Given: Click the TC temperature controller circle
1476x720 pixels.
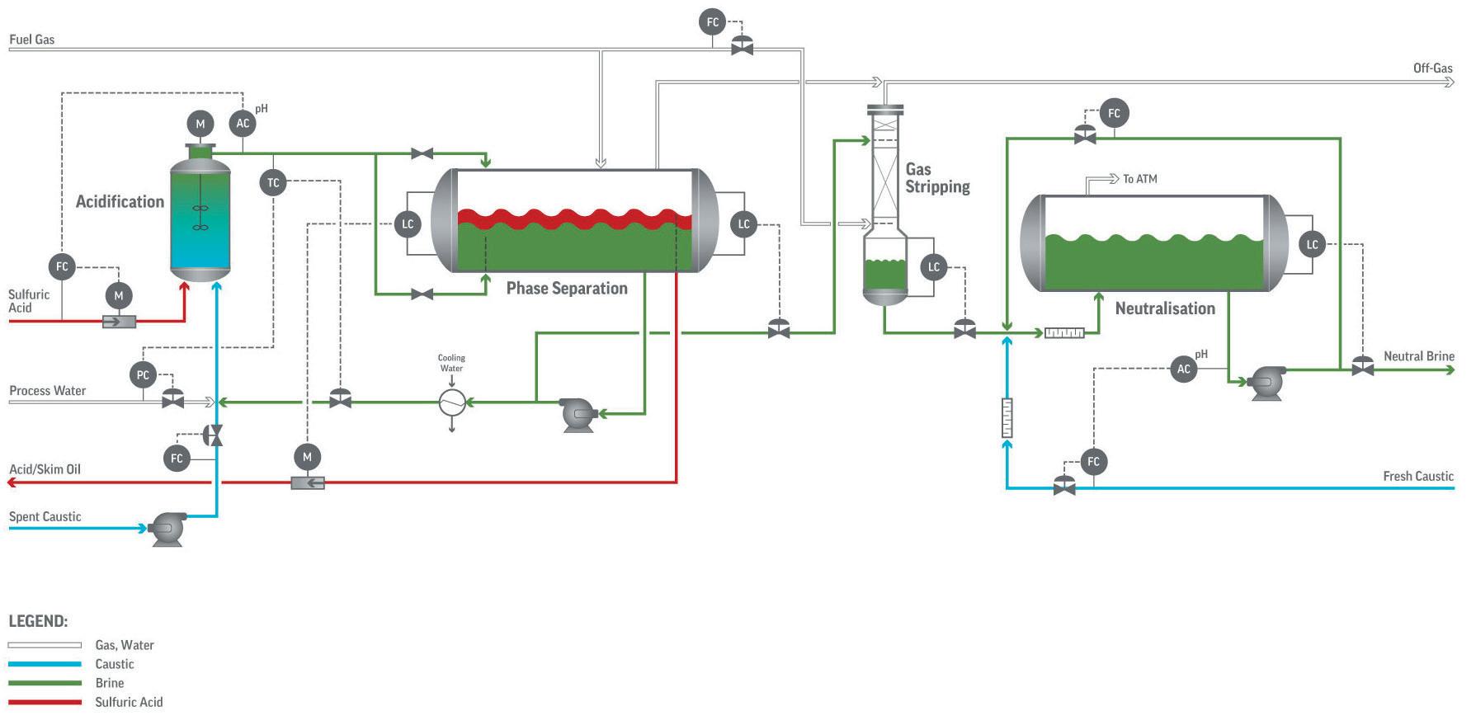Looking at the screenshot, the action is (x=273, y=183).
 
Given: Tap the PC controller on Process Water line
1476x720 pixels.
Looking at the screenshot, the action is (x=143, y=375).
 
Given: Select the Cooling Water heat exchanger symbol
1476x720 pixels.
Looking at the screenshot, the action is (x=451, y=402).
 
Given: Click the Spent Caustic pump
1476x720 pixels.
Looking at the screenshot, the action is (x=167, y=529).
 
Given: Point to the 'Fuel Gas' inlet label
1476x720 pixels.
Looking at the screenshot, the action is (x=32, y=40).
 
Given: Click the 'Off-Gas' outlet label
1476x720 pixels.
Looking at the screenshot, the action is (x=1433, y=68).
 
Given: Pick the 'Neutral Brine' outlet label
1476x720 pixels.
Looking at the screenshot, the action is (x=1419, y=356).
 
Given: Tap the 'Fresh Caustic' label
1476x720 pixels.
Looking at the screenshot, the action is (x=1418, y=476).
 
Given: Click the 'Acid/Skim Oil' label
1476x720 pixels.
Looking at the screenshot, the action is (x=45, y=469).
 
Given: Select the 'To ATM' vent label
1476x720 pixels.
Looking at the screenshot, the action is (x=1139, y=179).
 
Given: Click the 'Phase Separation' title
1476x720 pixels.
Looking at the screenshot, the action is (x=567, y=288).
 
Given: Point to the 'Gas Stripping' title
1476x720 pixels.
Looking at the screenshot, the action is (x=937, y=178).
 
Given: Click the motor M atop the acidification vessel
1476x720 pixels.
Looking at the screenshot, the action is (x=200, y=125).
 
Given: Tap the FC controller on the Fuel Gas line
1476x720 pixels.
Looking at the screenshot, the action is (x=713, y=22).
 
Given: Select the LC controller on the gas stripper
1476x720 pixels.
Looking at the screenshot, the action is (x=934, y=267).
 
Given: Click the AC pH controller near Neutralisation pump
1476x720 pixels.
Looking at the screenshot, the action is (x=1184, y=369).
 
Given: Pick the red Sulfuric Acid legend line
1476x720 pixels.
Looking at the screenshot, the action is (x=45, y=703).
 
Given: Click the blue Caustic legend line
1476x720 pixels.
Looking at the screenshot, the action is (x=45, y=665).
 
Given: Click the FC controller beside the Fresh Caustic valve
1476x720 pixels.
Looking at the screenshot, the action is (x=1094, y=462).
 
